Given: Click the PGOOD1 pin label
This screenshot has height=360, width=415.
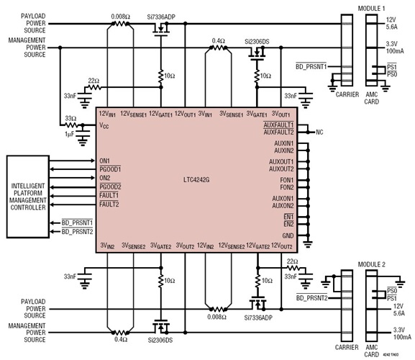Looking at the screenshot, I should tap(110, 168).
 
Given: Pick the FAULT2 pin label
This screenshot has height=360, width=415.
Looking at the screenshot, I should tap(109, 204).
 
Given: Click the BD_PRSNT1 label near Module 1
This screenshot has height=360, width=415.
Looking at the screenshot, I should tap(311, 67).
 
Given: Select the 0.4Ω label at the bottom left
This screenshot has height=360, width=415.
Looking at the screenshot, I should tap(119, 338).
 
